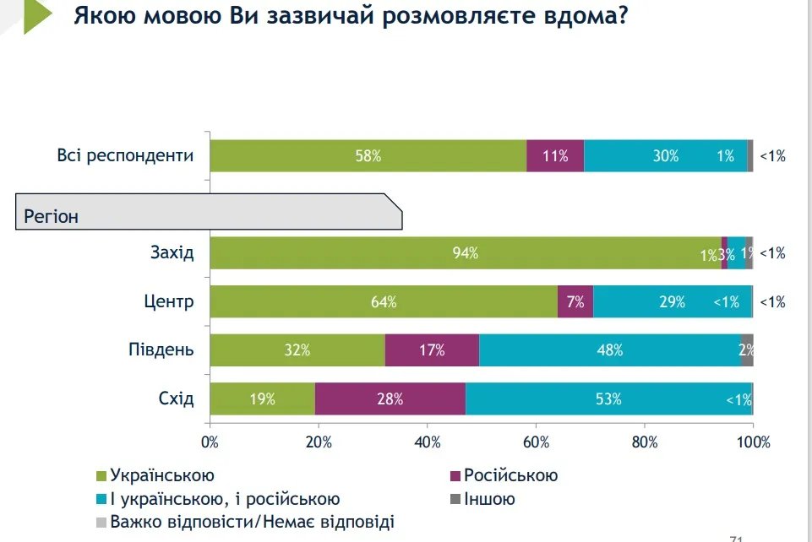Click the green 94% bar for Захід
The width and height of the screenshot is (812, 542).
coord(465,253)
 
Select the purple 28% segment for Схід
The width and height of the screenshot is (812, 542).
coord(390,399)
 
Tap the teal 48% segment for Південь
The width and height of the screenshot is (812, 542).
coord(610,350)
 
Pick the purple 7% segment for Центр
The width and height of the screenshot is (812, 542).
coord(575,301)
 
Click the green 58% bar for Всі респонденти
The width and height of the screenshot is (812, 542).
coord(368,156)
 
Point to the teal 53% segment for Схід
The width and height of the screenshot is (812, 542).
coord(608,399)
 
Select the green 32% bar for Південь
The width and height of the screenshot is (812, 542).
coord(297,350)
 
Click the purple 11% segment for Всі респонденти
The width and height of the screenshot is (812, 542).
coord(555,156)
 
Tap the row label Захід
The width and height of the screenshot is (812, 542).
coord(172,253)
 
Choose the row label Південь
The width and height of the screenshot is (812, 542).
coord(161,350)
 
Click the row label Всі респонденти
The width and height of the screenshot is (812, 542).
coord(126,156)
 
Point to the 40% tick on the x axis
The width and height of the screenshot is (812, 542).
coord(428,442)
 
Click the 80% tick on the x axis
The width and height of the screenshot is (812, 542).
coord(645,442)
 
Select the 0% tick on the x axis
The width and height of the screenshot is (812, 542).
coord(210,442)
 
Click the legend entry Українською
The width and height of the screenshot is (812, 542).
coord(161,476)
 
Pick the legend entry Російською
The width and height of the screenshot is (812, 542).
coord(510,476)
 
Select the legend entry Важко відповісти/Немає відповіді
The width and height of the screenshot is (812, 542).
coord(252,522)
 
